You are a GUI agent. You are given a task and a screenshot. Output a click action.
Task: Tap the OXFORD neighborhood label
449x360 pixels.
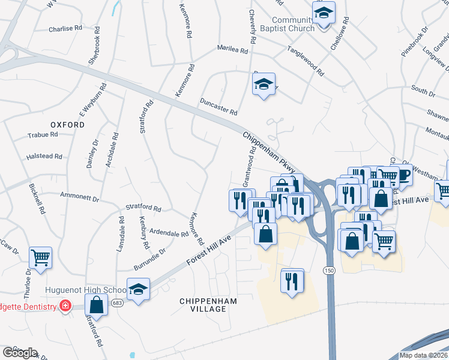pos(67,124)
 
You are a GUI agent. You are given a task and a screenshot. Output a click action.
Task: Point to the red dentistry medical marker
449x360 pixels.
pos(64,307)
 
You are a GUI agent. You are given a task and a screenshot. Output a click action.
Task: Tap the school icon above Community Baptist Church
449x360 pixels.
pos(324,12)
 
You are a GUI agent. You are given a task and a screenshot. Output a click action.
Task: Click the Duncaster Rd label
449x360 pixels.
pos(219,107)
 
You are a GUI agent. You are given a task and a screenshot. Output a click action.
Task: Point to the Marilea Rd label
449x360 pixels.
pos(233,51)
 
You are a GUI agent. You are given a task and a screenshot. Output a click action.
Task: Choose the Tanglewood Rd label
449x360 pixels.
pos(306,61)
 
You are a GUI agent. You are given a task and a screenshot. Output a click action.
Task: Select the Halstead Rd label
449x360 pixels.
pos(44,157)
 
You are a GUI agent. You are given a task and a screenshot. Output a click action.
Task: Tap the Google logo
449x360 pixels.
pos(20,353)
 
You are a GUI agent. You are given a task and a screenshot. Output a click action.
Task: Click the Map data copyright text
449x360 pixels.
pos(423,355)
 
